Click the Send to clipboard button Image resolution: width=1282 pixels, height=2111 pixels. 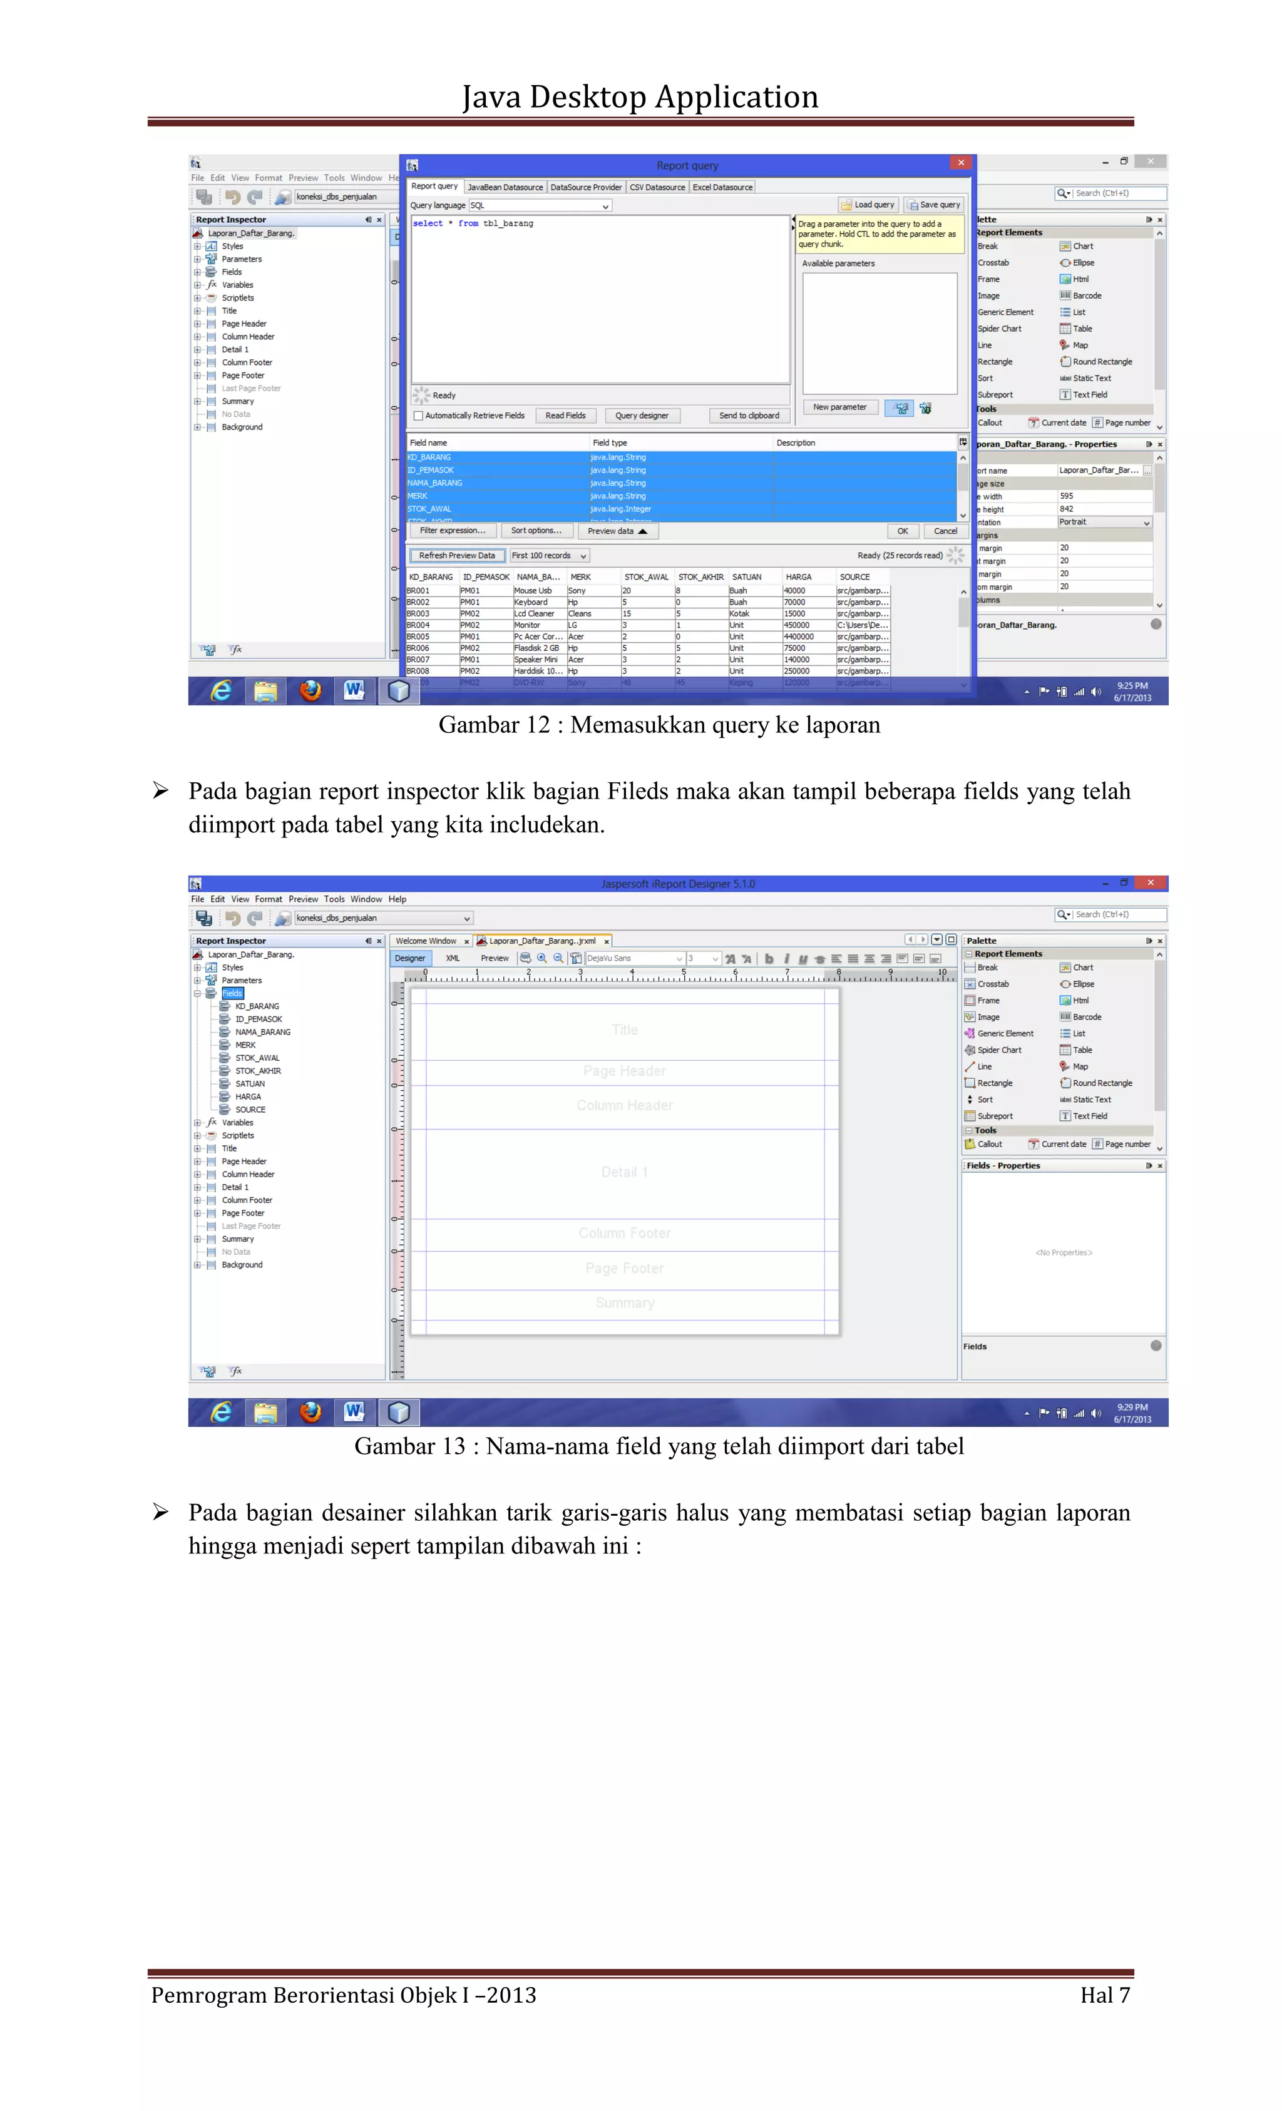[x=748, y=416]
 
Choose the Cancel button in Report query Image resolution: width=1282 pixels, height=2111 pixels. [x=945, y=531]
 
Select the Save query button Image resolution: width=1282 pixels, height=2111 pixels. [x=933, y=205]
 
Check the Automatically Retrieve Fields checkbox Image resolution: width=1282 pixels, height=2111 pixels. [x=418, y=416]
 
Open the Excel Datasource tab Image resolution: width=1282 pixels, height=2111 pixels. [x=722, y=187]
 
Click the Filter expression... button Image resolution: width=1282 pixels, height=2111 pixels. [x=453, y=530]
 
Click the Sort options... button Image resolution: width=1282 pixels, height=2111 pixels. [x=536, y=530]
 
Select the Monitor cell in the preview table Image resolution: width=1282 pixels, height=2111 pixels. [x=527, y=625]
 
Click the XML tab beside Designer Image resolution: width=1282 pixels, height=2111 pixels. [x=453, y=958]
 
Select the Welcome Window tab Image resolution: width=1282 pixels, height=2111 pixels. [x=426, y=941]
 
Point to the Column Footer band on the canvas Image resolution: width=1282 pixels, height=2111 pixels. [x=624, y=1233]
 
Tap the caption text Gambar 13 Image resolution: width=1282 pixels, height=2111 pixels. [x=409, y=1446]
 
